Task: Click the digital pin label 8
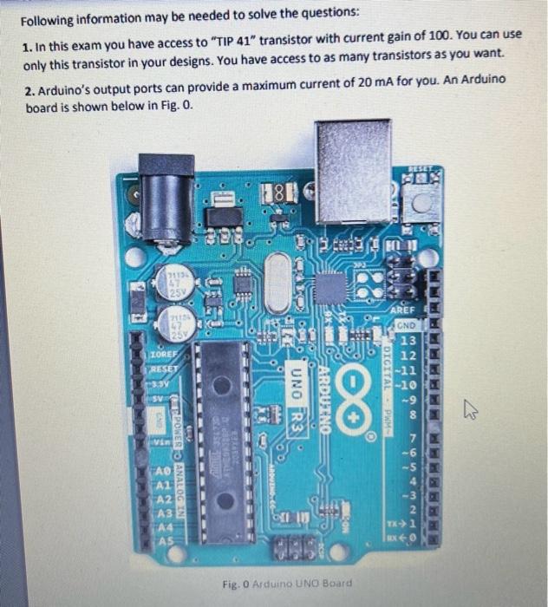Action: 409,415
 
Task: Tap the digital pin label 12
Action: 409,356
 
